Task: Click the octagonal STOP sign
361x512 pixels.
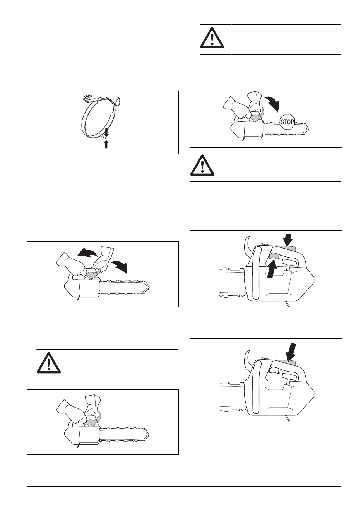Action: (287, 122)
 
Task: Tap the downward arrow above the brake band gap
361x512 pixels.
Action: (106, 132)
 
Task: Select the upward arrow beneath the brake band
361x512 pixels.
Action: (106, 144)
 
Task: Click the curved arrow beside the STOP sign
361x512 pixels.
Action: (273, 103)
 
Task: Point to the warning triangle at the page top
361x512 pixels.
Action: (212, 38)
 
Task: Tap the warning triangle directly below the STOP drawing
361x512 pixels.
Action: (202, 165)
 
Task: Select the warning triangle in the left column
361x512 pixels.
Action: (49, 363)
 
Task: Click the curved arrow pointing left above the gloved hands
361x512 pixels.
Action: (87, 253)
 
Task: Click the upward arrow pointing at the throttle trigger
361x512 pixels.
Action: (271, 270)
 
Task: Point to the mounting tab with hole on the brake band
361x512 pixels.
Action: (118, 101)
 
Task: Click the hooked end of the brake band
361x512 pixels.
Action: (87, 97)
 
